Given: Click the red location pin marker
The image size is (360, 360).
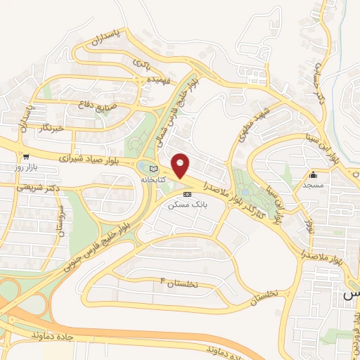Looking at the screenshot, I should [x=181, y=165].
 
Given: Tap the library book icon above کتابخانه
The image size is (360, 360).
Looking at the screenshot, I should [x=154, y=167].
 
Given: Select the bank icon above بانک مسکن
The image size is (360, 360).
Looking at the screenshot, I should [x=187, y=193].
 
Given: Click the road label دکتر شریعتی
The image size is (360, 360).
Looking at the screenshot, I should [x=35, y=188].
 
